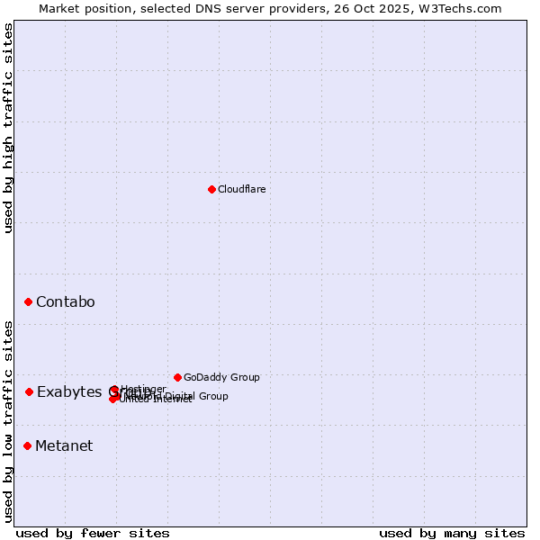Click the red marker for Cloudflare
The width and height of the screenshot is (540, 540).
[211, 189]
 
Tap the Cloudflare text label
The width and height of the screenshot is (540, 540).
[241, 189]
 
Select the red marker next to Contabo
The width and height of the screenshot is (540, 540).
[28, 301]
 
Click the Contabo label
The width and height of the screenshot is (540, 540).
[66, 301]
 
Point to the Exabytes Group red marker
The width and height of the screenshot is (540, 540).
[29, 391]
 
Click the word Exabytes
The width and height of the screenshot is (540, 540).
[70, 391]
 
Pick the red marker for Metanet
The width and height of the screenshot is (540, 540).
[28, 445]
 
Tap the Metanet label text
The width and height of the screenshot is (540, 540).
[64, 445]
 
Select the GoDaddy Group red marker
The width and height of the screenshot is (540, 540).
[177, 377]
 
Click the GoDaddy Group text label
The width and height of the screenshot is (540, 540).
[221, 377]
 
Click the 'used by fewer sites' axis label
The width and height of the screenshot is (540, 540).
[93, 533]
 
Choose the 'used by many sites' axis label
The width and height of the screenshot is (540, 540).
[452, 533]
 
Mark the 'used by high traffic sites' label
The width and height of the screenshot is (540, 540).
[8, 128]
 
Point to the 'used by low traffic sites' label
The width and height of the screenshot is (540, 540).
[8, 421]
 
